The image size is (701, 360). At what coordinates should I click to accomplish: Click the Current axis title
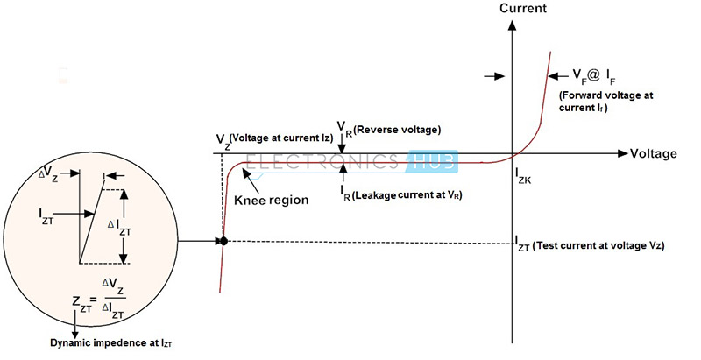coord(522,8)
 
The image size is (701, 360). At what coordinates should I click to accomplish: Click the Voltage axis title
coord(653,153)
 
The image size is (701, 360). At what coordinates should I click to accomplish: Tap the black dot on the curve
coord(224,241)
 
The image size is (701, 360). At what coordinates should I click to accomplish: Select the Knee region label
coord(272,199)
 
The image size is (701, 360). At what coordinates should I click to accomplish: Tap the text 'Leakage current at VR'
coord(407,194)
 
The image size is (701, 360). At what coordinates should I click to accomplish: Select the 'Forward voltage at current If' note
coord(605,102)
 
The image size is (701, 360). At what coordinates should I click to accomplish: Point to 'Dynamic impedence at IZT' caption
coord(111,343)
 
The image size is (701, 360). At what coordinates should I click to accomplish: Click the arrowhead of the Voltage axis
coord(623,153)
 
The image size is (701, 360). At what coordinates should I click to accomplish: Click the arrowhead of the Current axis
coord(513,25)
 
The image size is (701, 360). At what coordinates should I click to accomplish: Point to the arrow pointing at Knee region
coord(251,182)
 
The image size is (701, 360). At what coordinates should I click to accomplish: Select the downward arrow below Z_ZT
coord(75,323)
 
